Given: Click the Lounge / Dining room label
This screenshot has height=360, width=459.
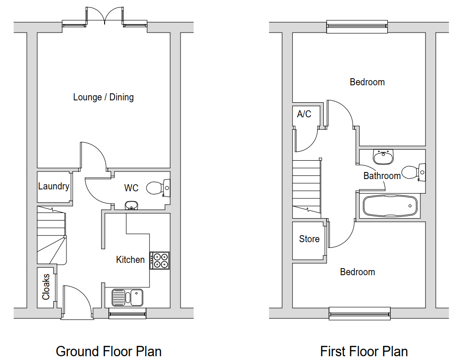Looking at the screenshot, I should (x=103, y=97).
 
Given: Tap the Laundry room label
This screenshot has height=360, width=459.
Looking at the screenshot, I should (x=54, y=186).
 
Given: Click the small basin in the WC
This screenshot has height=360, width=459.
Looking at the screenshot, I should (x=132, y=205).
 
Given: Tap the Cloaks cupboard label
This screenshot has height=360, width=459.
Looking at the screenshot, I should (x=46, y=287).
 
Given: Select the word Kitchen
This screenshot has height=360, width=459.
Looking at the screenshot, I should (x=131, y=260).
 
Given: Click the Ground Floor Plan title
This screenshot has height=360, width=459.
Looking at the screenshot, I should (x=108, y=351).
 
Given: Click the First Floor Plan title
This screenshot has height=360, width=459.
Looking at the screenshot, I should (x=364, y=351).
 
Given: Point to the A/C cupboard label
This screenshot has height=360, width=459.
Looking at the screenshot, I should (x=304, y=114).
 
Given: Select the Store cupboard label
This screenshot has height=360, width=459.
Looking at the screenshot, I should (x=309, y=239).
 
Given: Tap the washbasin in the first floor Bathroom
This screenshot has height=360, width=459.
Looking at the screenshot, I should (x=384, y=157).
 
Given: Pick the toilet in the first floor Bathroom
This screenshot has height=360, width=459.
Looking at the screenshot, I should (x=413, y=172).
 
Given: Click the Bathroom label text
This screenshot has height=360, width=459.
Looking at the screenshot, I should (x=382, y=176).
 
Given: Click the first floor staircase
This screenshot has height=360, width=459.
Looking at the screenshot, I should (x=306, y=186).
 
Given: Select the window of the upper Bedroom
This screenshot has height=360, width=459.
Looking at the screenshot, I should (x=357, y=26).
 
